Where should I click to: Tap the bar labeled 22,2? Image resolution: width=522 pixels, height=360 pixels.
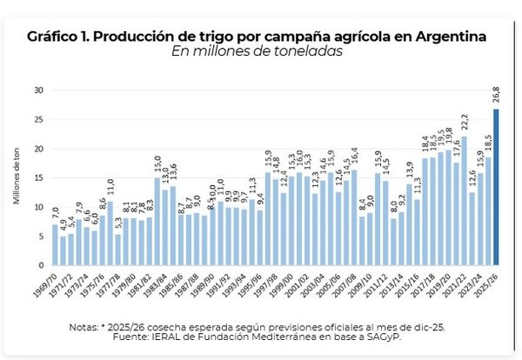465,201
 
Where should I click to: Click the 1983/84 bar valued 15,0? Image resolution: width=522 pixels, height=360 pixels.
157,222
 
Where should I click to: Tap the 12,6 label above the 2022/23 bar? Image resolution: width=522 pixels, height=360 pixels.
472,179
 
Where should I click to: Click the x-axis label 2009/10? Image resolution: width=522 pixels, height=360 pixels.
365,283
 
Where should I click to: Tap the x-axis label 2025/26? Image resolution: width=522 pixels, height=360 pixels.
492,283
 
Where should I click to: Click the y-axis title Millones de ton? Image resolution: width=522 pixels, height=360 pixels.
17,179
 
